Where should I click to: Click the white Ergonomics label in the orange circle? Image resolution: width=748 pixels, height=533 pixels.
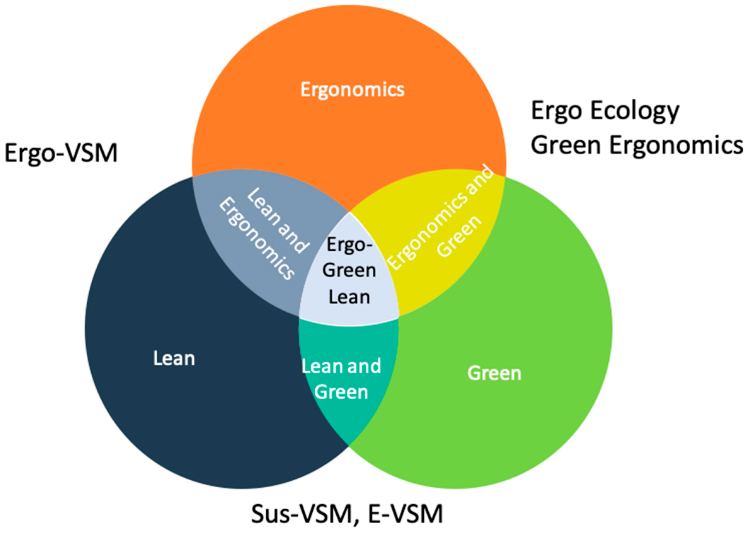click(x=352, y=90)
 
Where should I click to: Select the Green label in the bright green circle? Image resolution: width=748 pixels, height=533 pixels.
click(x=494, y=373)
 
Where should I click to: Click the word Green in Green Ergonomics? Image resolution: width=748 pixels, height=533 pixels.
click(x=566, y=145)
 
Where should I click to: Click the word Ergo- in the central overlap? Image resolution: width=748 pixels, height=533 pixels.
click(x=350, y=245)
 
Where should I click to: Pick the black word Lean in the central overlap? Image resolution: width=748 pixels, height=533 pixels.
click(x=349, y=297)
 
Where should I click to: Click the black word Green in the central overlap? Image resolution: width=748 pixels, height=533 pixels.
click(x=349, y=271)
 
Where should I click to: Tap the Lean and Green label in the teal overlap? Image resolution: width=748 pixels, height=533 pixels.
click(x=341, y=379)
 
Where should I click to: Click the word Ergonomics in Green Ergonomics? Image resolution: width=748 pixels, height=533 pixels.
click(x=676, y=145)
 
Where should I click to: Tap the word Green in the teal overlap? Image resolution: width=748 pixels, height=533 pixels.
click(x=341, y=392)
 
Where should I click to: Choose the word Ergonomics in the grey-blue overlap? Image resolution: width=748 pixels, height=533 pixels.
click(x=256, y=240)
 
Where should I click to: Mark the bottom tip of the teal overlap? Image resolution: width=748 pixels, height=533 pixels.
click(x=349, y=444)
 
